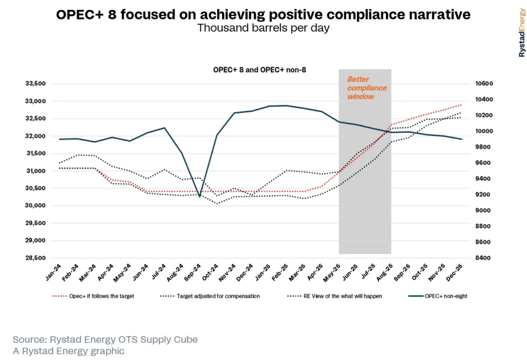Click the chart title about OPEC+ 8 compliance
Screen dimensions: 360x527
click(263, 15)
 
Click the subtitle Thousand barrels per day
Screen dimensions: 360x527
click(263, 28)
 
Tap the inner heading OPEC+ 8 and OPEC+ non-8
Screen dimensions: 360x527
click(260, 69)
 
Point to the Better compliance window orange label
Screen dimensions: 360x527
click(366, 88)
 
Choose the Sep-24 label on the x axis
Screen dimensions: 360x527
click(192, 271)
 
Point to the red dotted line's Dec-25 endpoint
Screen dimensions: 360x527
click(462, 105)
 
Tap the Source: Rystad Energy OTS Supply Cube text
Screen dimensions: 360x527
click(105, 340)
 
